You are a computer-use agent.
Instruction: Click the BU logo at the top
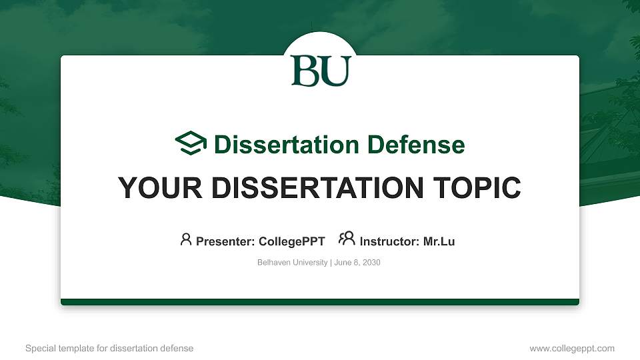tap(321, 71)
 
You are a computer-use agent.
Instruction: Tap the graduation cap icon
tap(191, 143)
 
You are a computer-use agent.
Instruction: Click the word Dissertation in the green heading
tap(287, 145)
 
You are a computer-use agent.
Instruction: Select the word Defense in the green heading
tap(416, 145)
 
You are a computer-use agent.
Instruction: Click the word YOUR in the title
tap(160, 188)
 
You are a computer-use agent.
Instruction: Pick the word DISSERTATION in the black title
tap(317, 188)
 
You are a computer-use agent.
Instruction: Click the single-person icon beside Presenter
tap(186, 239)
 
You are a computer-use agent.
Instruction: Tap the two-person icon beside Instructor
tap(347, 239)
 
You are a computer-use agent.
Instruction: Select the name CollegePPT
tap(292, 241)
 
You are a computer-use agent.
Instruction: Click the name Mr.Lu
tap(439, 241)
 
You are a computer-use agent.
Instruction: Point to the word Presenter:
tap(225, 241)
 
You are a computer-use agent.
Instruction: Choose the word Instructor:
tap(389, 241)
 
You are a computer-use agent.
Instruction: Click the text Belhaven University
tap(292, 263)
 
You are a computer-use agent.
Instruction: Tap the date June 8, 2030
tap(357, 263)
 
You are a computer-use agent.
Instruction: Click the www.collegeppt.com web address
tap(572, 349)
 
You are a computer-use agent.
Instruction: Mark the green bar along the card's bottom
tap(320, 302)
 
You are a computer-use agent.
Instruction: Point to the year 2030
tap(371, 263)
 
